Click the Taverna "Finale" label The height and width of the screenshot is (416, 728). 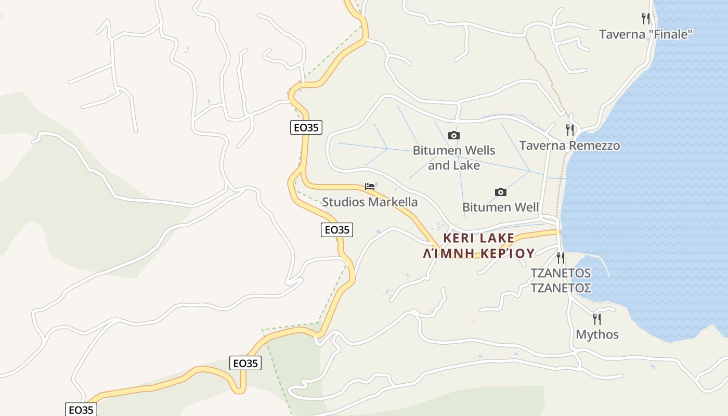[646, 34]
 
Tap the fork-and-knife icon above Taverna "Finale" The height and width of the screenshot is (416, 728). [646, 19]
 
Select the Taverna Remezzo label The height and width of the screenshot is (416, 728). [569, 145]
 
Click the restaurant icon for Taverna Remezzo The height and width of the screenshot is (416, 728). [570, 129]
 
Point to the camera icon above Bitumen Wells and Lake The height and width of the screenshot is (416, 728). [454, 136]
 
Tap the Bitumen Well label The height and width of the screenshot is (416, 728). [500, 207]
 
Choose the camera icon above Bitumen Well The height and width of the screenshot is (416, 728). [500, 192]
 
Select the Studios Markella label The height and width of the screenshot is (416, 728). [370, 202]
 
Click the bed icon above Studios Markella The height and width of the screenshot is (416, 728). [370, 186]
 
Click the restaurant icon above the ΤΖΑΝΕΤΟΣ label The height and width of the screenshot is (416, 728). [560, 257]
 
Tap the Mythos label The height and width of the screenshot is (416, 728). [597, 334]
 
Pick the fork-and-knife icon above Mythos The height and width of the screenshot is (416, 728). [597, 319]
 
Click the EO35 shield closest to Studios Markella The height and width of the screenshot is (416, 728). [337, 230]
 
